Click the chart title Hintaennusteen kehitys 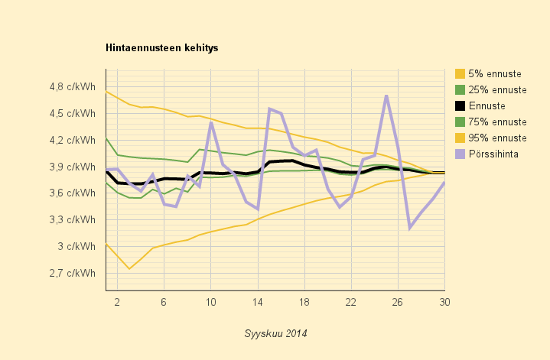pos(161,48)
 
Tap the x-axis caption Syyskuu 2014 pos(275,334)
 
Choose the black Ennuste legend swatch pos(460,106)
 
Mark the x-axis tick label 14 pos(258,303)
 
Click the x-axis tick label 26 pos(398,303)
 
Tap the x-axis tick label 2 pos(117,303)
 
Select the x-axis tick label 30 pos(444,303)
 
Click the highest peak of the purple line pos(386,96)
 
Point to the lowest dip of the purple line pos(410,228)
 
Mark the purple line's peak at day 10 pos(211,123)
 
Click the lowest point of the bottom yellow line pos(129,268)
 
